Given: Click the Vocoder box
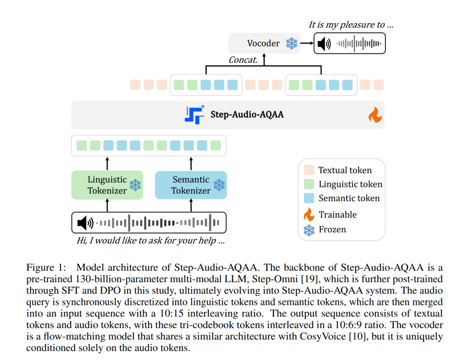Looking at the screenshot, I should (x=264, y=43).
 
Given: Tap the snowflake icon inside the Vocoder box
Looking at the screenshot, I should (x=292, y=43).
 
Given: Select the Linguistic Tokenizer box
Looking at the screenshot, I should (x=107, y=185).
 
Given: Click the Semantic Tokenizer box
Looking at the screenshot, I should (x=191, y=185).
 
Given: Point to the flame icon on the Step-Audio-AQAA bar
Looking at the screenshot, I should (x=374, y=116).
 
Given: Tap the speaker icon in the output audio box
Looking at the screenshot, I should (x=323, y=43).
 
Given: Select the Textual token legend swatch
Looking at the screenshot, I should (x=309, y=170).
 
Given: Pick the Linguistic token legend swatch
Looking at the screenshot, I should (x=309, y=184).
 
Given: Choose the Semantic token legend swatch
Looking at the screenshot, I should (x=309, y=198).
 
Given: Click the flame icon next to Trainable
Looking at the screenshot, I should (x=309, y=214).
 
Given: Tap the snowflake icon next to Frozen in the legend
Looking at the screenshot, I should (x=309, y=230).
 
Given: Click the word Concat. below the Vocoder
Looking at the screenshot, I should (x=243, y=60).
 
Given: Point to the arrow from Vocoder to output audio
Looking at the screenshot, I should (x=306, y=43).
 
